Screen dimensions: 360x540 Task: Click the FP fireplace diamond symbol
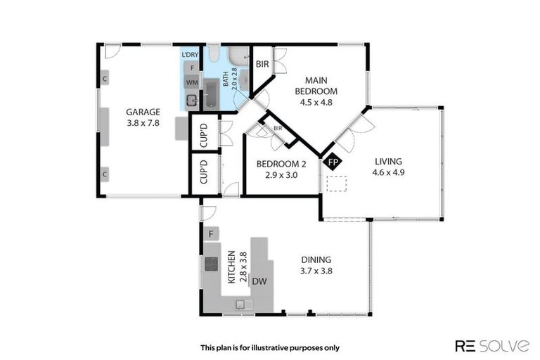tap(333, 162)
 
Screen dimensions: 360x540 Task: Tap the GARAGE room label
tap(143, 111)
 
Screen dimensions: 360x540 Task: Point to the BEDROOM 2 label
tap(281, 164)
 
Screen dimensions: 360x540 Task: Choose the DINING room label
tap(316, 259)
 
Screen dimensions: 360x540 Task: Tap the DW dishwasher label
tap(259, 281)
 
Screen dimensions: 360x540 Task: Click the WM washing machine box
tap(191, 83)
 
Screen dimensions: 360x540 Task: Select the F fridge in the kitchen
tap(210, 233)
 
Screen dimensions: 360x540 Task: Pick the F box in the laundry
tap(191, 67)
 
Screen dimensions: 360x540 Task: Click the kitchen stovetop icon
tap(212, 264)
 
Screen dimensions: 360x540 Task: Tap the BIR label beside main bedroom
tap(262, 63)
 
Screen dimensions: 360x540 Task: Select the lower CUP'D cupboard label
tap(204, 172)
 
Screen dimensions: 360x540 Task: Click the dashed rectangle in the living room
tap(337, 184)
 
